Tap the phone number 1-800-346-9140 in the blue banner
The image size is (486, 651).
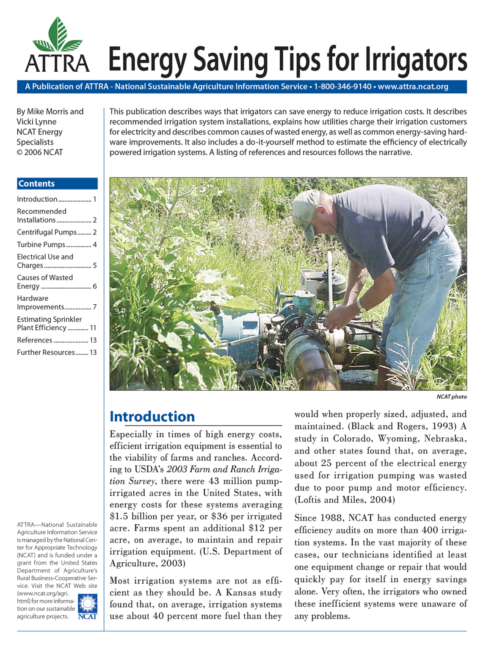click(x=342, y=87)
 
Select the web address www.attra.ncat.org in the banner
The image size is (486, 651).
click(x=413, y=87)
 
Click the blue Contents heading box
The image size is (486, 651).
click(x=57, y=184)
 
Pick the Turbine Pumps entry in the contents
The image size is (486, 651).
click(x=41, y=245)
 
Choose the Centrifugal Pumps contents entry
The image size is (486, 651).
click(x=47, y=232)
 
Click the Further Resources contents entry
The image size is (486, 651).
click(x=46, y=353)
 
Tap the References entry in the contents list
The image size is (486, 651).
click(x=35, y=340)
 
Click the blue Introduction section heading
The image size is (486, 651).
click(x=152, y=417)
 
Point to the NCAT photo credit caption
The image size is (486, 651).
click(x=451, y=397)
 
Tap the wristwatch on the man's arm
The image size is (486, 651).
click(x=360, y=305)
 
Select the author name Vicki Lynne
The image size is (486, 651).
click(x=36, y=122)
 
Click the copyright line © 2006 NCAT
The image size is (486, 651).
click(x=39, y=152)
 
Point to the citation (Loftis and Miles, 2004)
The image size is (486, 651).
click(x=345, y=500)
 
